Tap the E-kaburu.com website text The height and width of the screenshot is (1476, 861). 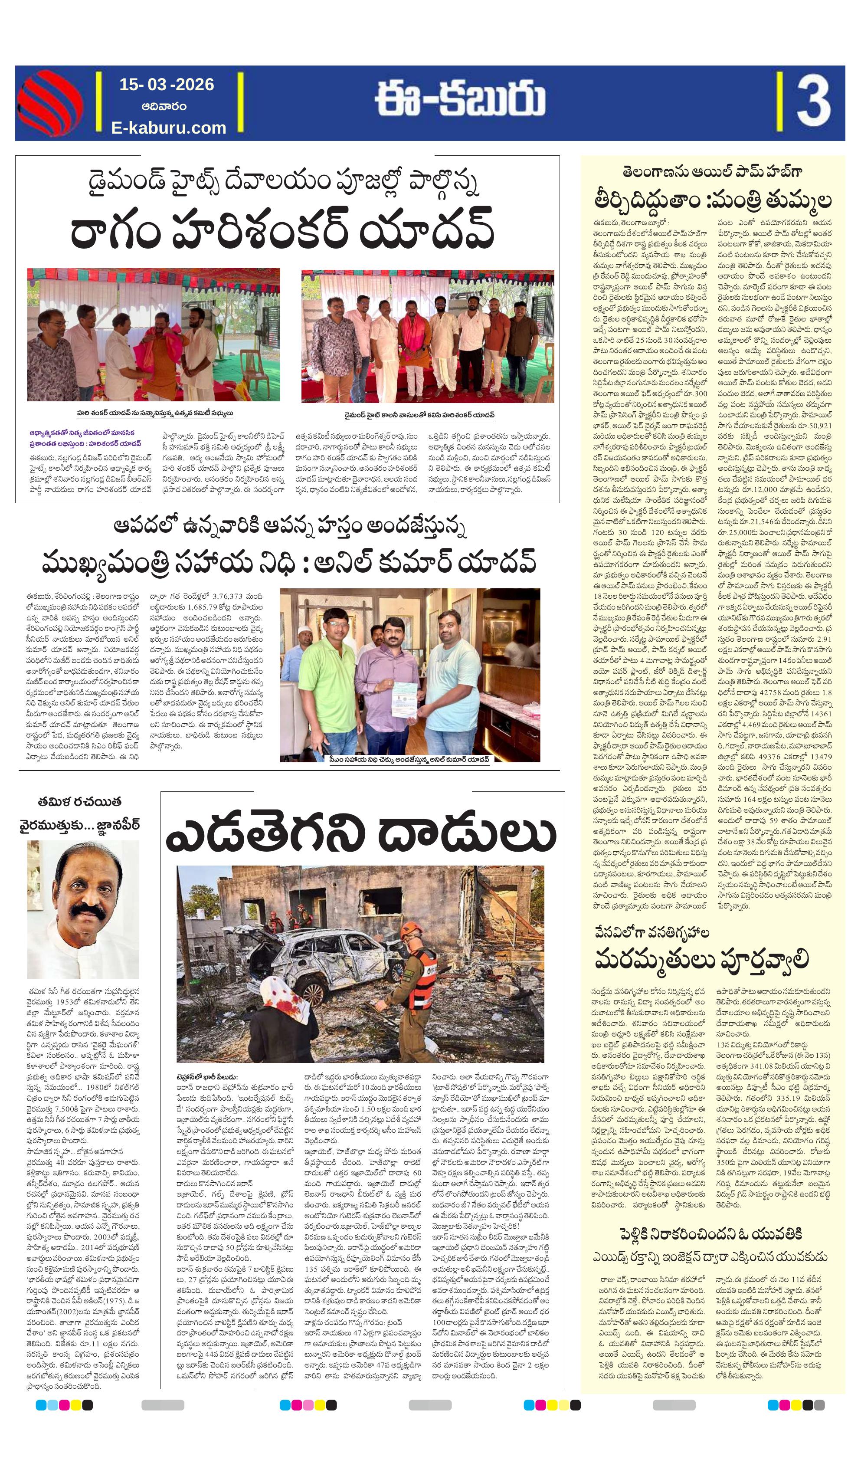click(169, 127)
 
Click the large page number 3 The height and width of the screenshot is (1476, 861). click(812, 102)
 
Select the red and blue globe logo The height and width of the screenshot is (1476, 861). click(50, 103)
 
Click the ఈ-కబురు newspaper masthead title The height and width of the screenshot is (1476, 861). click(460, 100)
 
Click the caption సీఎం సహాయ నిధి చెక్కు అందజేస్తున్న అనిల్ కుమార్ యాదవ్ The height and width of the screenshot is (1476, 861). click(409, 759)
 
